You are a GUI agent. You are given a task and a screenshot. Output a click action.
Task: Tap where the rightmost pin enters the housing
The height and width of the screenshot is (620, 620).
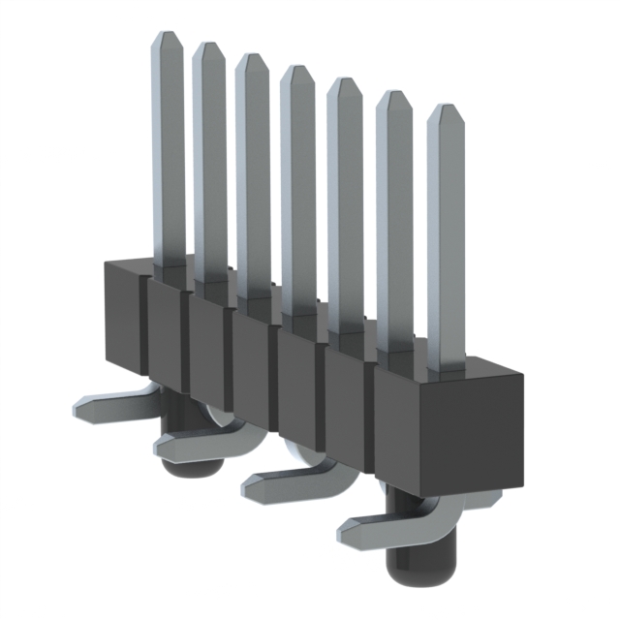point(447,370)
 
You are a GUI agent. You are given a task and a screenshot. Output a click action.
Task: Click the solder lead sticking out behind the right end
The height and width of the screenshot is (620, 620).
point(484,501)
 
